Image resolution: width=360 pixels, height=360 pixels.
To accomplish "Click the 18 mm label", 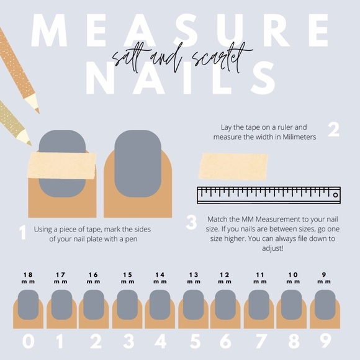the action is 28,278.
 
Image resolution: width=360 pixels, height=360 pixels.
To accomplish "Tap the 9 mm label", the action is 324,278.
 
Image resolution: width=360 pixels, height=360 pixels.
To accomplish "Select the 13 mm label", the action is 194,278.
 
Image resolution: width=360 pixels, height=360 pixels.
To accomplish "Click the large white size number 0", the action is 29,341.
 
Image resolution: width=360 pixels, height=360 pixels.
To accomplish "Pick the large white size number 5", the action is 195,341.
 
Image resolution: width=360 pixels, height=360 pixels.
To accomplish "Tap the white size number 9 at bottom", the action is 325,341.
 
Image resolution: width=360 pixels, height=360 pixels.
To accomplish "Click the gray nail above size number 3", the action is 127,305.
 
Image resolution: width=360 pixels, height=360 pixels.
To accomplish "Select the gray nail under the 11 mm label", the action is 259,305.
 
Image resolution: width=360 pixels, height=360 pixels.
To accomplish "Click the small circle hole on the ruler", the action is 335,195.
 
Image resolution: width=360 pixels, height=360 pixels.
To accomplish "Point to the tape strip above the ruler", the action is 233,166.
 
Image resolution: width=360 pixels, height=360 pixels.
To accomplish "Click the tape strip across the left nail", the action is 61,165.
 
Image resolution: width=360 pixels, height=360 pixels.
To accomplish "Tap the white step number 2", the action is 333,130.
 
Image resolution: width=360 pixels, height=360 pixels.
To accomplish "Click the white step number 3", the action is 191,222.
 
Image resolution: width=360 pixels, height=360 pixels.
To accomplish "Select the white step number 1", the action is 22,232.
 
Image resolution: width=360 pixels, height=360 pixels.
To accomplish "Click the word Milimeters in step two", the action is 299,137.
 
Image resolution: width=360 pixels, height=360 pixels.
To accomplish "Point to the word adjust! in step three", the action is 272,248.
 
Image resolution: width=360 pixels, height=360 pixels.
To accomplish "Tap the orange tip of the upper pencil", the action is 37,111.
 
